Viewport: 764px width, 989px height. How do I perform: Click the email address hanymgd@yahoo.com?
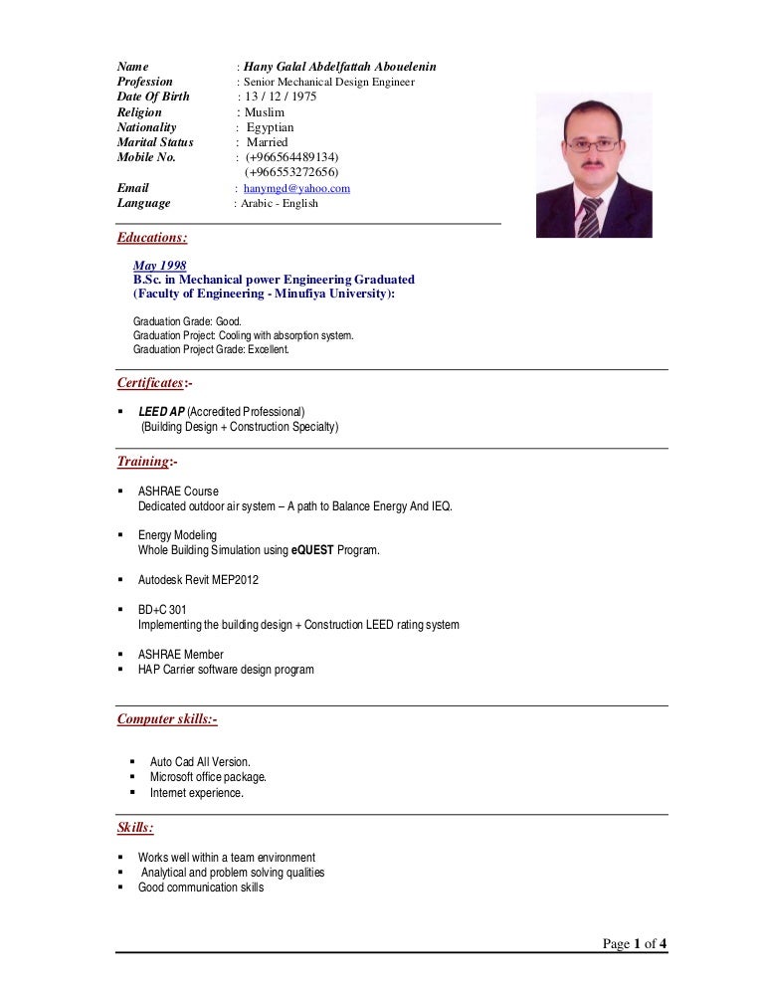[296, 188]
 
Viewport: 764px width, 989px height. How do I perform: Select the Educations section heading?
[151, 238]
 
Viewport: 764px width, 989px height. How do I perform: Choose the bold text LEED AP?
[161, 412]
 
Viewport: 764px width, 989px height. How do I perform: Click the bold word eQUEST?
[310, 550]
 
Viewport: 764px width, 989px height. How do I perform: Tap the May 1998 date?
[159, 266]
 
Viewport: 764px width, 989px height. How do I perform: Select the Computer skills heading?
[167, 718]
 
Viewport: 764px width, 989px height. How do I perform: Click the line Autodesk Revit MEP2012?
[198, 579]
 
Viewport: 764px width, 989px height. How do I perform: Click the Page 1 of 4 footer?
[635, 944]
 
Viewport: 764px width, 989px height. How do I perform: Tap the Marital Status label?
[155, 142]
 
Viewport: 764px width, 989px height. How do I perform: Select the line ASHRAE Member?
[180, 655]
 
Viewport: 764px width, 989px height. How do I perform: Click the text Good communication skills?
[201, 888]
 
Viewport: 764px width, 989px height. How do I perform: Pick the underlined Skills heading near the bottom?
[135, 828]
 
